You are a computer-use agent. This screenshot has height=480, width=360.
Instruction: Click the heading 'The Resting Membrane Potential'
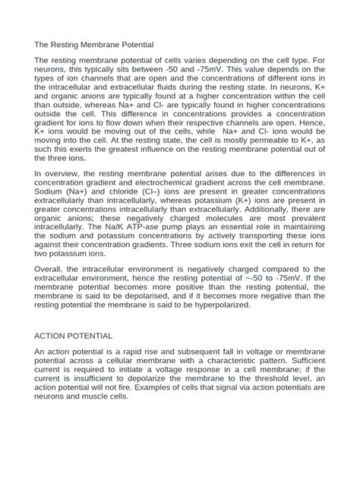point(94,45)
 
